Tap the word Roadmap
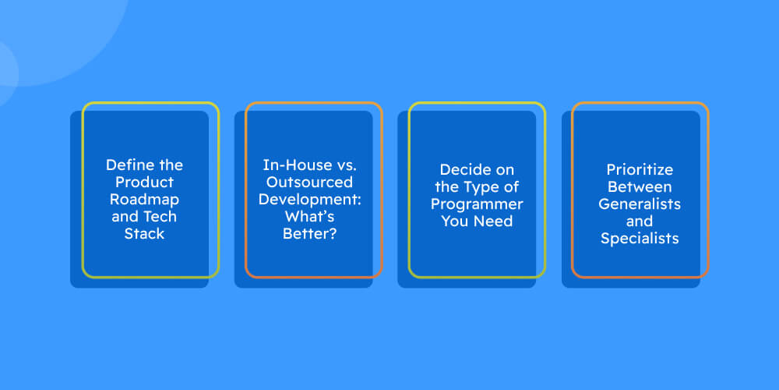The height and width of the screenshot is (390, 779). click(x=145, y=199)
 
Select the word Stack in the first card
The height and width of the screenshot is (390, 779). click(x=145, y=233)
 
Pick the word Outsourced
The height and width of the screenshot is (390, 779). click(x=309, y=182)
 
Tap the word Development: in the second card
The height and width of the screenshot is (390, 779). click(x=309, y=199)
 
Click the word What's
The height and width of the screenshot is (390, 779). click(x=309, y=216)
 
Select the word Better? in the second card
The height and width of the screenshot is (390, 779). click(x=309, y=233)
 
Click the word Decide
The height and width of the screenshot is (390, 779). click(x=463, y=170)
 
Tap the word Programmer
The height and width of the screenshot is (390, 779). click(x=477, y=204)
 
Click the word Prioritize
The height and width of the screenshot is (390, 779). click(x=640, y=170)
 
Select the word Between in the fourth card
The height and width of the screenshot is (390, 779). click(x=640, y=187)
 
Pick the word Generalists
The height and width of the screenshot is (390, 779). click(x=640, y=204)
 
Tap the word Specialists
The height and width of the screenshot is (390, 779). click(x=640, y=239)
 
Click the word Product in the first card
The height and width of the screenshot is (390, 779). click(x=145, y=182)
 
